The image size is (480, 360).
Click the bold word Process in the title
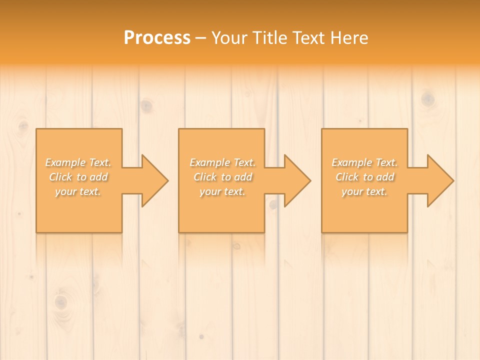157,37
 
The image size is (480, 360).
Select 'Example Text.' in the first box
78,162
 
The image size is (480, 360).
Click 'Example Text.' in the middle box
222,162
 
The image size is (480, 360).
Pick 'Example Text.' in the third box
364,162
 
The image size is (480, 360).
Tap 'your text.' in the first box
78,191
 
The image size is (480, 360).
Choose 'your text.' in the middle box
222,191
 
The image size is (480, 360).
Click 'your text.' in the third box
364,191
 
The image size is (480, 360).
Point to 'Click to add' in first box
78,177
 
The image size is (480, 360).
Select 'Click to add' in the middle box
222,177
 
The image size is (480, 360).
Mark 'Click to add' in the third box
364,177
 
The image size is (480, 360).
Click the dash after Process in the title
201,38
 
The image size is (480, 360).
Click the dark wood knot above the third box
427,99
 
